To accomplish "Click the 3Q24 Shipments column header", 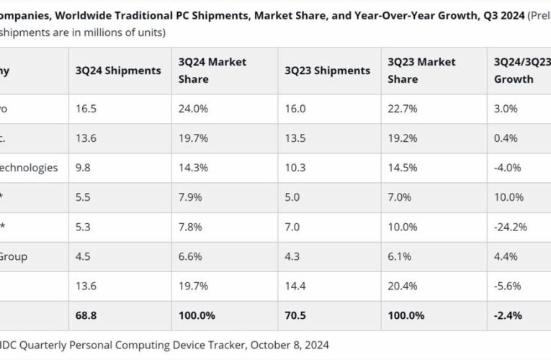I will coord(117,71).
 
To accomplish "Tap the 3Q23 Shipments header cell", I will coord(328,71).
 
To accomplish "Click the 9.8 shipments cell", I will coord(83,168).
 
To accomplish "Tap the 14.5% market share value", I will coord(402,168).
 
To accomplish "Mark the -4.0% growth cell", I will coord(509,168).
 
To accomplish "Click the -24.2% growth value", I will coord(511,226).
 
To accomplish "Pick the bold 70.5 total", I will coord(296,315).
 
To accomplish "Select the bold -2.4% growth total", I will coord(508,315).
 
